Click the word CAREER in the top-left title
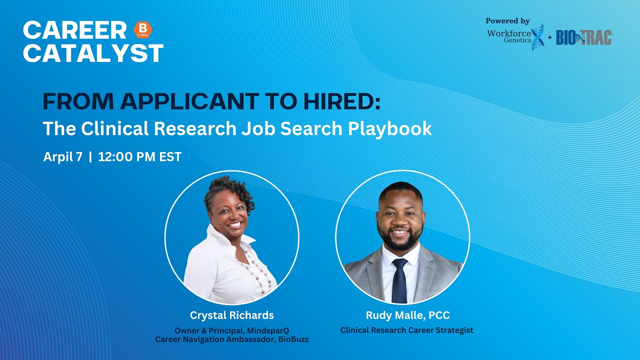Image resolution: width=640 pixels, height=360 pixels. pyautogui.click(x=74, y=30)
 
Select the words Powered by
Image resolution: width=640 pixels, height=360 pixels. pyautogui.click(x=507, y=21)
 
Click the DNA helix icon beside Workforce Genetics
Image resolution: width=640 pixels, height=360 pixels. pyautogui.click(x=537, y=37)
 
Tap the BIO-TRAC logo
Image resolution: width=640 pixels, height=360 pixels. pyautogui.click(x=584, y=37)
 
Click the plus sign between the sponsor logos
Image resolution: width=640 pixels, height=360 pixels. pyautogui.click(x=549, y=38)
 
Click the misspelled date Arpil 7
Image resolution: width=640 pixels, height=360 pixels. pyautogui.click(x=62, y=156)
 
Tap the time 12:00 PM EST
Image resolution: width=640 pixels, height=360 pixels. pyautogui.click(x=139, y=156)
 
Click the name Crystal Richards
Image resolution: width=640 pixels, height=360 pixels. pyautogui.click(x=231, y=315)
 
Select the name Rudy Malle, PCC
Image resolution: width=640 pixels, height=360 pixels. pyautogui.click(x=407, y=315)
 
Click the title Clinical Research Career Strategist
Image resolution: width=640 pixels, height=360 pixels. pyautogui.click(x=406, y=330)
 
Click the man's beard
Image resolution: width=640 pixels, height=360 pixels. pyautogui.click(x=399, y=241)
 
